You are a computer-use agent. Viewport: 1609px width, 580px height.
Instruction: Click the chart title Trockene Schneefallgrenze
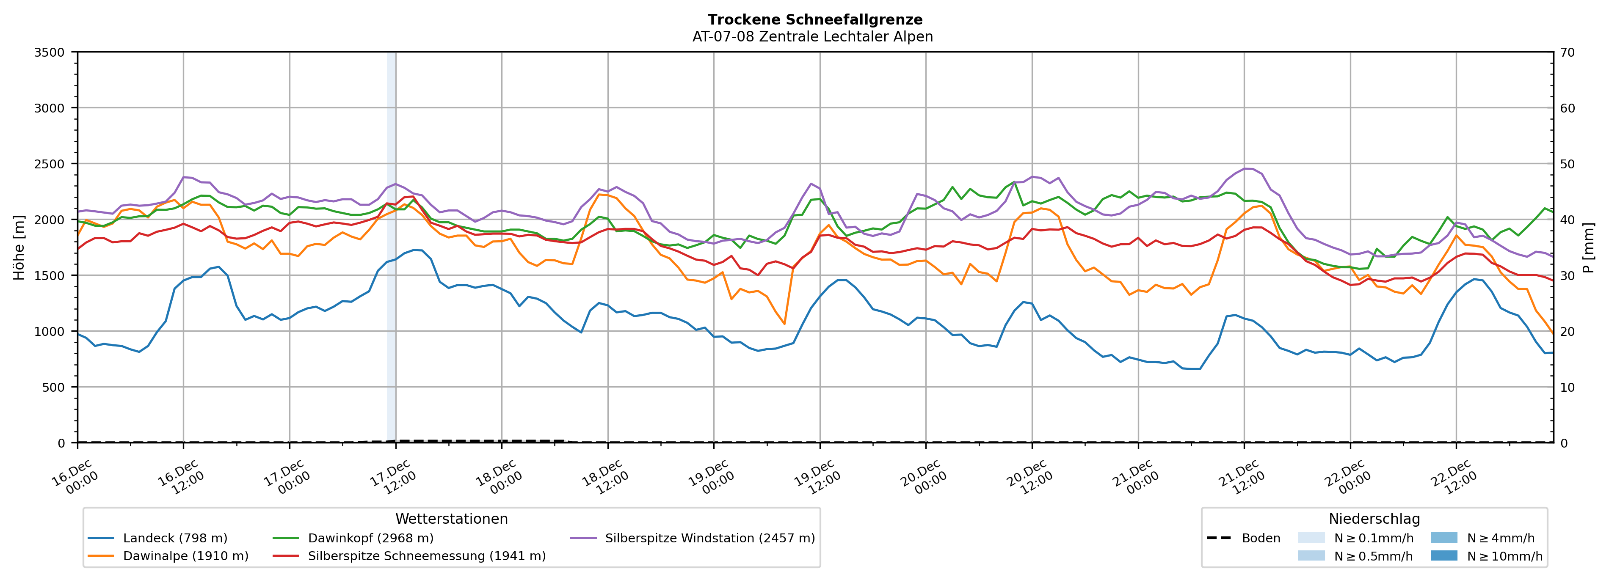point(814,20)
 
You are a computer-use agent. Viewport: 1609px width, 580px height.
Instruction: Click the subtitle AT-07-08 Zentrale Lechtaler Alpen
point(812,37)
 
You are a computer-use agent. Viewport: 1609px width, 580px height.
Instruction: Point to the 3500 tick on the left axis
point(50,52)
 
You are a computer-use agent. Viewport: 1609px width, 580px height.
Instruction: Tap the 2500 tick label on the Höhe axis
point(50,164)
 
